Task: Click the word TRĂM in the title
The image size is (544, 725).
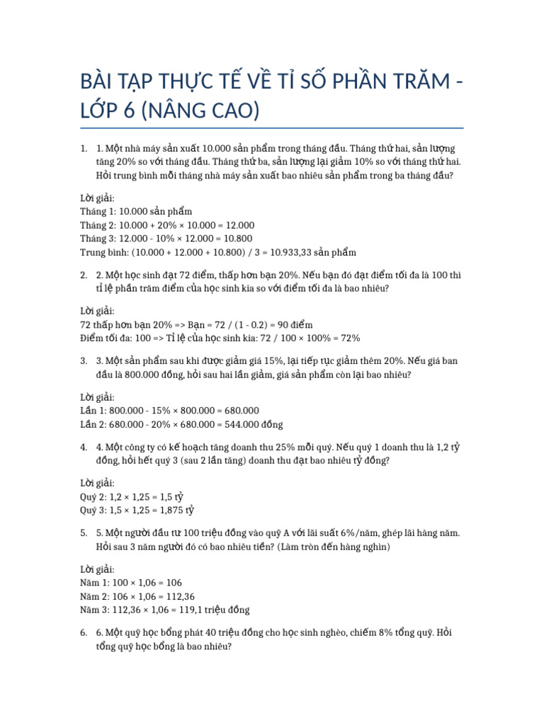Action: [x=412, y=83]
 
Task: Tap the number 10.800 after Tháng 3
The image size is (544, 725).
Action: [x=235, y=239]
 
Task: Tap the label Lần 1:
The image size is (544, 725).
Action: [x=95, y=411]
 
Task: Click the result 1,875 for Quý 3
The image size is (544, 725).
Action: [x=169, y=510]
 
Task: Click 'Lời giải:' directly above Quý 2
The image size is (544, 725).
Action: [x=97, y=483]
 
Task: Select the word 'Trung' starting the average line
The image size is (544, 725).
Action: [x=94, y=252]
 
